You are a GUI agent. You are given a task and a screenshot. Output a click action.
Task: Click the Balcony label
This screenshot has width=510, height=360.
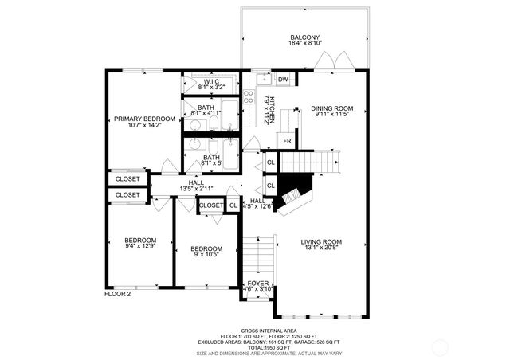[305, 37]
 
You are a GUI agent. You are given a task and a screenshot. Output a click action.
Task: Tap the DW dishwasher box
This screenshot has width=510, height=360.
[283, 79]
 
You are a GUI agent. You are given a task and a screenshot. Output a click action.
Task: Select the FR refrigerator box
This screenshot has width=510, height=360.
[287, 142]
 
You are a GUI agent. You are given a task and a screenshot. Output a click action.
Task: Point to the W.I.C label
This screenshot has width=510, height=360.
[211, 81]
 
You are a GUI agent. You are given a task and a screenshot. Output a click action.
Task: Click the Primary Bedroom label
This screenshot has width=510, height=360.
[144, 119]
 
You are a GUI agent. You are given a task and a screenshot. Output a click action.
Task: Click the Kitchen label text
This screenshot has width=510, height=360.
[271, 108]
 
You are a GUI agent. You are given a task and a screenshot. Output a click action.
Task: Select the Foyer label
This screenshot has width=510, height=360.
[257, 284]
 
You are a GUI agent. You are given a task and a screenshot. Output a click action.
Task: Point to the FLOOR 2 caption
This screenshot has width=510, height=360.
[118, 294]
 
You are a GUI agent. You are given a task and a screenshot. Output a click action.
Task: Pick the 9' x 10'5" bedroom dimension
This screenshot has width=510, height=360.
[206, 255]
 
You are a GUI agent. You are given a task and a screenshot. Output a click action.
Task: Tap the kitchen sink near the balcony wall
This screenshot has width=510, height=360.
[262, 79]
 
